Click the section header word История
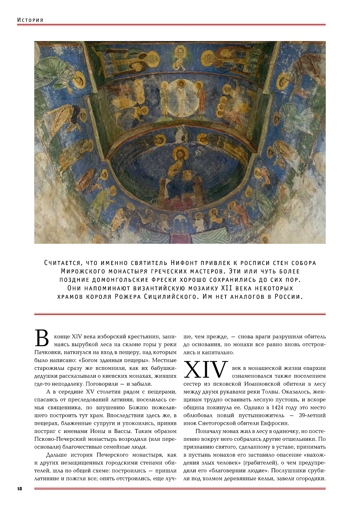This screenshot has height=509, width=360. point(30,20)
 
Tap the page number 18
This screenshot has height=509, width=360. point(20,489)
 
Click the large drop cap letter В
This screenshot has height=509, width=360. point(42,338)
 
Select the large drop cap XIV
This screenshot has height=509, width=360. point(205,370)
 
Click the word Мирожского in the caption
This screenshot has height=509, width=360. point(83,271)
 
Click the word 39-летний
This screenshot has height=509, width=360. point(312,415)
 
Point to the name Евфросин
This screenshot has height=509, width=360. point(275,423)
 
